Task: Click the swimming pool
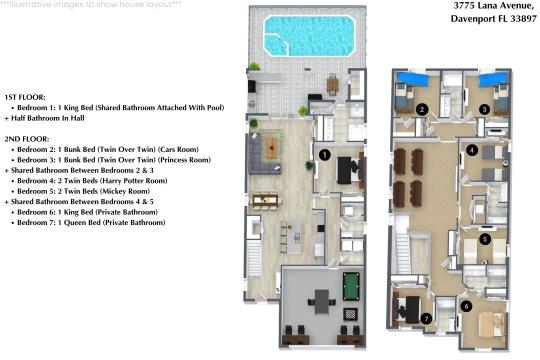point(309,36)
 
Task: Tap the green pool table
point(351,286)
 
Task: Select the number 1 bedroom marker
point(324,155)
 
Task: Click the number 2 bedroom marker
point(422,109)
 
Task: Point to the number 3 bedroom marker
point(484,110)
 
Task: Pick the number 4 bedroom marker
point(472,150)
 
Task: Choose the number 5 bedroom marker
point(485,239)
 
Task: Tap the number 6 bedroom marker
point(466,306)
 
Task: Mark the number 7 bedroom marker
point(426,319)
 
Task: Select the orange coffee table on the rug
point(272,148)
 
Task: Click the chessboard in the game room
point(350,314)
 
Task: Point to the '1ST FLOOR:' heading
point(25,97)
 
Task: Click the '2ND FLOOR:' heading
point(27,139)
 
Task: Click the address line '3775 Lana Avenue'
point(493,6)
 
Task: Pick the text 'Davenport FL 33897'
point(494,19)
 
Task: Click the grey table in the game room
point(322,301)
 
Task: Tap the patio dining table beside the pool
point(333,84)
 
